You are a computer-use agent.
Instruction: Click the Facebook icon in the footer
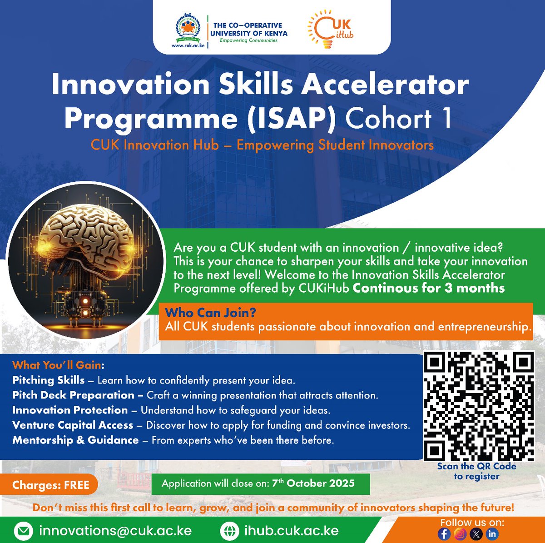(444, 534)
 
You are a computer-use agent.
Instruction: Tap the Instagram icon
(460, 534)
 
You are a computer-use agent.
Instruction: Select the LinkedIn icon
(492, 534)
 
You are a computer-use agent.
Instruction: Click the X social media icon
(476, 534)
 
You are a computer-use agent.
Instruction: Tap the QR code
(479, 406)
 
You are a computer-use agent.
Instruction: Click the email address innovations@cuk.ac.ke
(115, 531)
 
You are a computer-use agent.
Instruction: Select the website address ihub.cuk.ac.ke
(292, 531)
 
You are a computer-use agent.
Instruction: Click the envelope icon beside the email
(23, 531)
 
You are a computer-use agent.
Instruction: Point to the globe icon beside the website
(229, 531)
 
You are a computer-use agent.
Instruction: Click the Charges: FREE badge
(50, 485)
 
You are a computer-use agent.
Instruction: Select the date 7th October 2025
(313, 483)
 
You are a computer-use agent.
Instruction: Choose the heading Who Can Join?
(210, 313)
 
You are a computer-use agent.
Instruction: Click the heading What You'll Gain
(58, 365)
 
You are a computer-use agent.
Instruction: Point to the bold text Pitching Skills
(48, 380)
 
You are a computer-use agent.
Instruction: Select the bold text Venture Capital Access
(73, 425)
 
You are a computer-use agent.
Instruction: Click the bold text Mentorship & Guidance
(75, 440)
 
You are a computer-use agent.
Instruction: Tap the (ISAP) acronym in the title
(291, 119)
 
